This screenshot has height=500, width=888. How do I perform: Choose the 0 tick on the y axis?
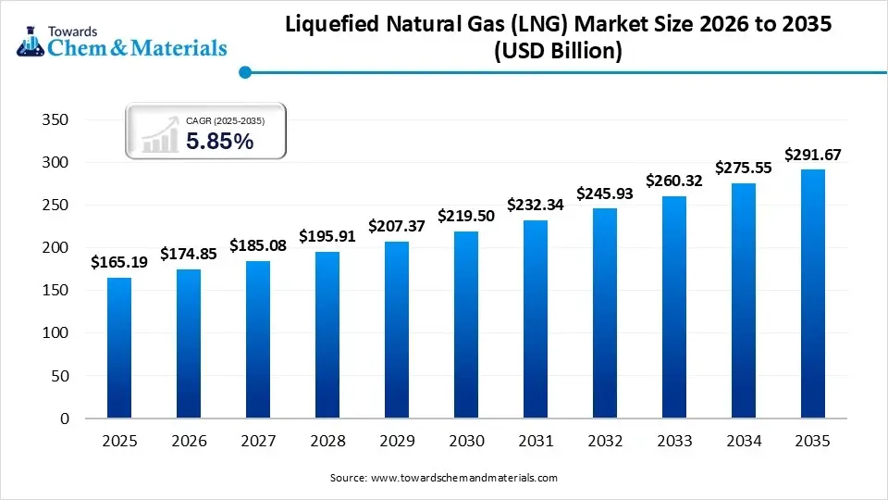point(63,419)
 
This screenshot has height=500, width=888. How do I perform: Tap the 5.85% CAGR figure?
point(219,141)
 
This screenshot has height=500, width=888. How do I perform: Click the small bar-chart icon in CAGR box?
point(160,135)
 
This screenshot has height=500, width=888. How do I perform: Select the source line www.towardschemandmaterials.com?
point(443,478)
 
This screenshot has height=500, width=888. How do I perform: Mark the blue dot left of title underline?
point(244,71)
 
